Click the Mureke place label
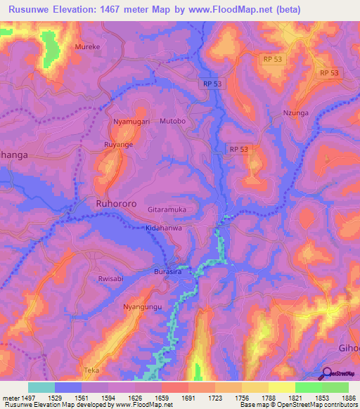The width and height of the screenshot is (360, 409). [88, 48]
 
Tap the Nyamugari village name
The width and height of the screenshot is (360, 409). [131, 122]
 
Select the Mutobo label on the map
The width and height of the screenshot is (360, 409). [172, 122]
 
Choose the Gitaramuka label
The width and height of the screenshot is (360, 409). [167, 210]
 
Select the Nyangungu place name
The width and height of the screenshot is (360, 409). [142, 308]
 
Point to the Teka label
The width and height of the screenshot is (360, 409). [92, 370]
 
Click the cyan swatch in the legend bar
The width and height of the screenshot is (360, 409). [41, 387]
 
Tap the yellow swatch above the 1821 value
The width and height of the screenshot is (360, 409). [281, 387]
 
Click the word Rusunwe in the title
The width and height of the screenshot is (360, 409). [33, 9]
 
